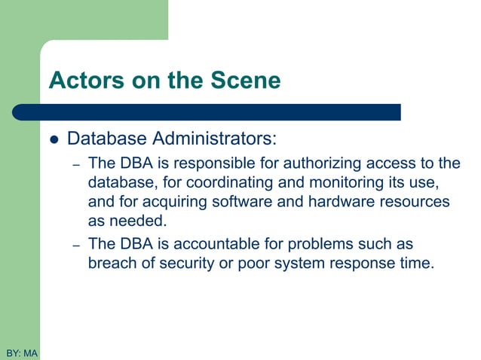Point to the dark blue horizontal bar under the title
click(x=211, y=112)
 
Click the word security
click(x=190, y=264)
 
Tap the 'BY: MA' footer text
click(x=21, y=352)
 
